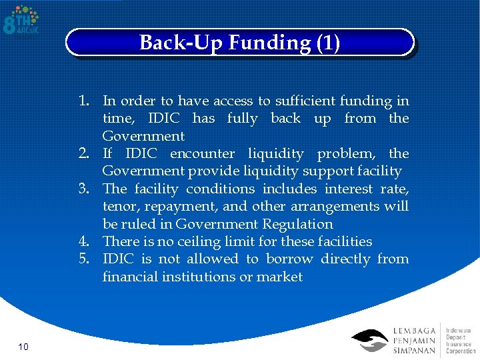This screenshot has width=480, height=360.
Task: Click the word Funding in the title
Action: tap(269, 43)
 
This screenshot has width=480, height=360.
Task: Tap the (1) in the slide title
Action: tap(327, 43)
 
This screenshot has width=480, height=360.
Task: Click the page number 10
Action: tap(23, 347)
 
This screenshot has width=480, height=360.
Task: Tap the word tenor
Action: tap(120, 207)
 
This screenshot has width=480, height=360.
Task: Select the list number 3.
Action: tap(85, 189)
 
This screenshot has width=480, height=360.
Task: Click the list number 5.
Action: tap(85, 259)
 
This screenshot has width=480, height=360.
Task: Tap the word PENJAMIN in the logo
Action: tap(415, 341)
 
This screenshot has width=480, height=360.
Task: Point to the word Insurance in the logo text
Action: tap(459, 343)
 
